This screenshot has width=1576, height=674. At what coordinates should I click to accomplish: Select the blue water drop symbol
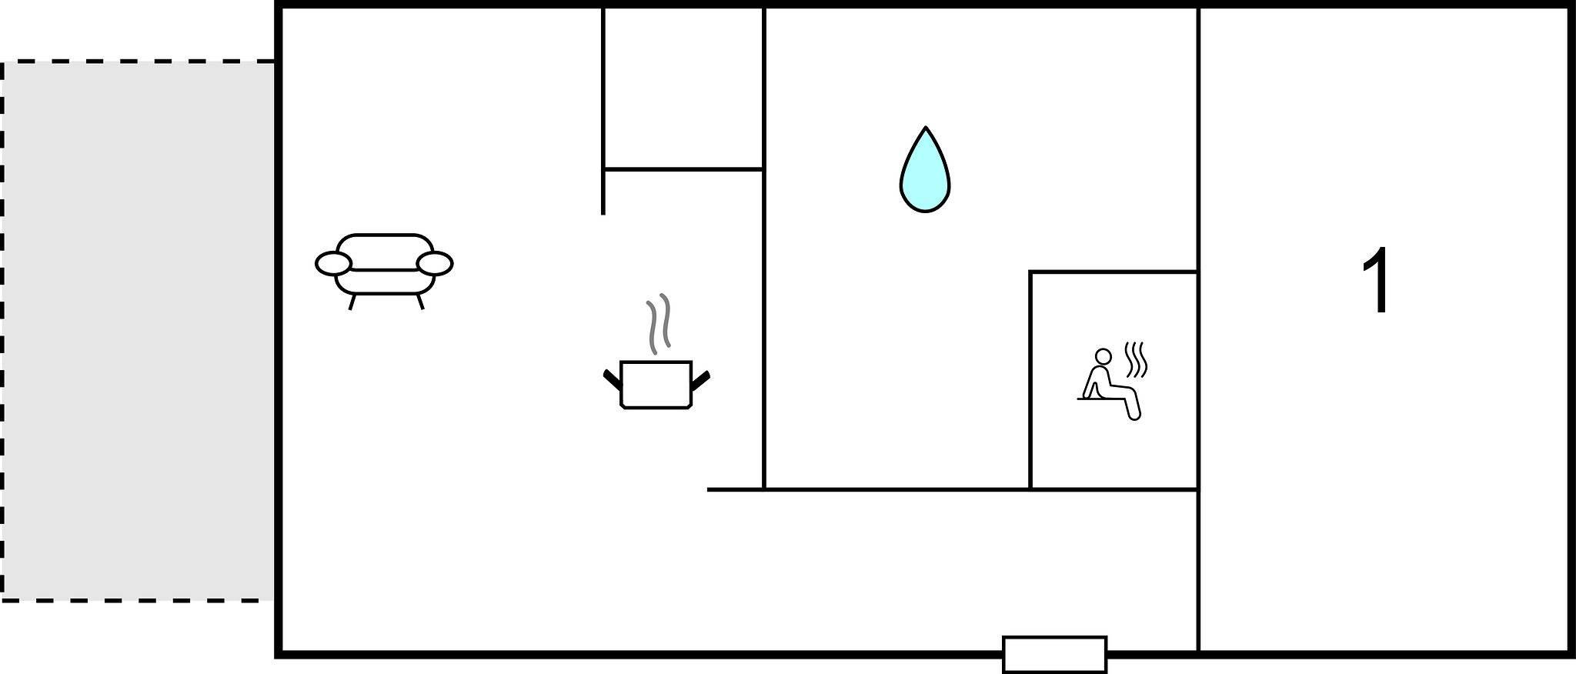tap(925, 169)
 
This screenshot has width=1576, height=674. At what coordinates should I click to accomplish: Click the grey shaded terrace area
tap(139, 331)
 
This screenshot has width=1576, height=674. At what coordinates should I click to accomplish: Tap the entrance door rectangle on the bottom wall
tap(1054, 654)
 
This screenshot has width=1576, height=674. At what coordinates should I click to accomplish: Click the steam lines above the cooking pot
tap(658, 323)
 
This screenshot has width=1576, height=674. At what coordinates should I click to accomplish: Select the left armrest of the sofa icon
tap(333, 263)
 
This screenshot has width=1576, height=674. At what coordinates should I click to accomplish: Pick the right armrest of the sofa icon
tap(435, 263)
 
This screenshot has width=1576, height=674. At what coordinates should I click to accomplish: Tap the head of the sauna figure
tap(1104, 356)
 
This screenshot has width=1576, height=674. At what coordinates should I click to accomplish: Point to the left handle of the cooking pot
tap(612, 379)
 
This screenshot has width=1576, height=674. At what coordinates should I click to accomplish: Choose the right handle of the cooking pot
tap(700, 379)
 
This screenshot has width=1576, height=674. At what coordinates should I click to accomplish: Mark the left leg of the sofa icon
tap(352, 302)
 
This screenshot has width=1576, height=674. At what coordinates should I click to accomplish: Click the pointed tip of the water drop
tap(925, 127)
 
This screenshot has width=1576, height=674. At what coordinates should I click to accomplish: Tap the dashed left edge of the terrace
tap(2, 331)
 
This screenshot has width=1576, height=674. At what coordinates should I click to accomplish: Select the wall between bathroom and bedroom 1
tap(1198, 249)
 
